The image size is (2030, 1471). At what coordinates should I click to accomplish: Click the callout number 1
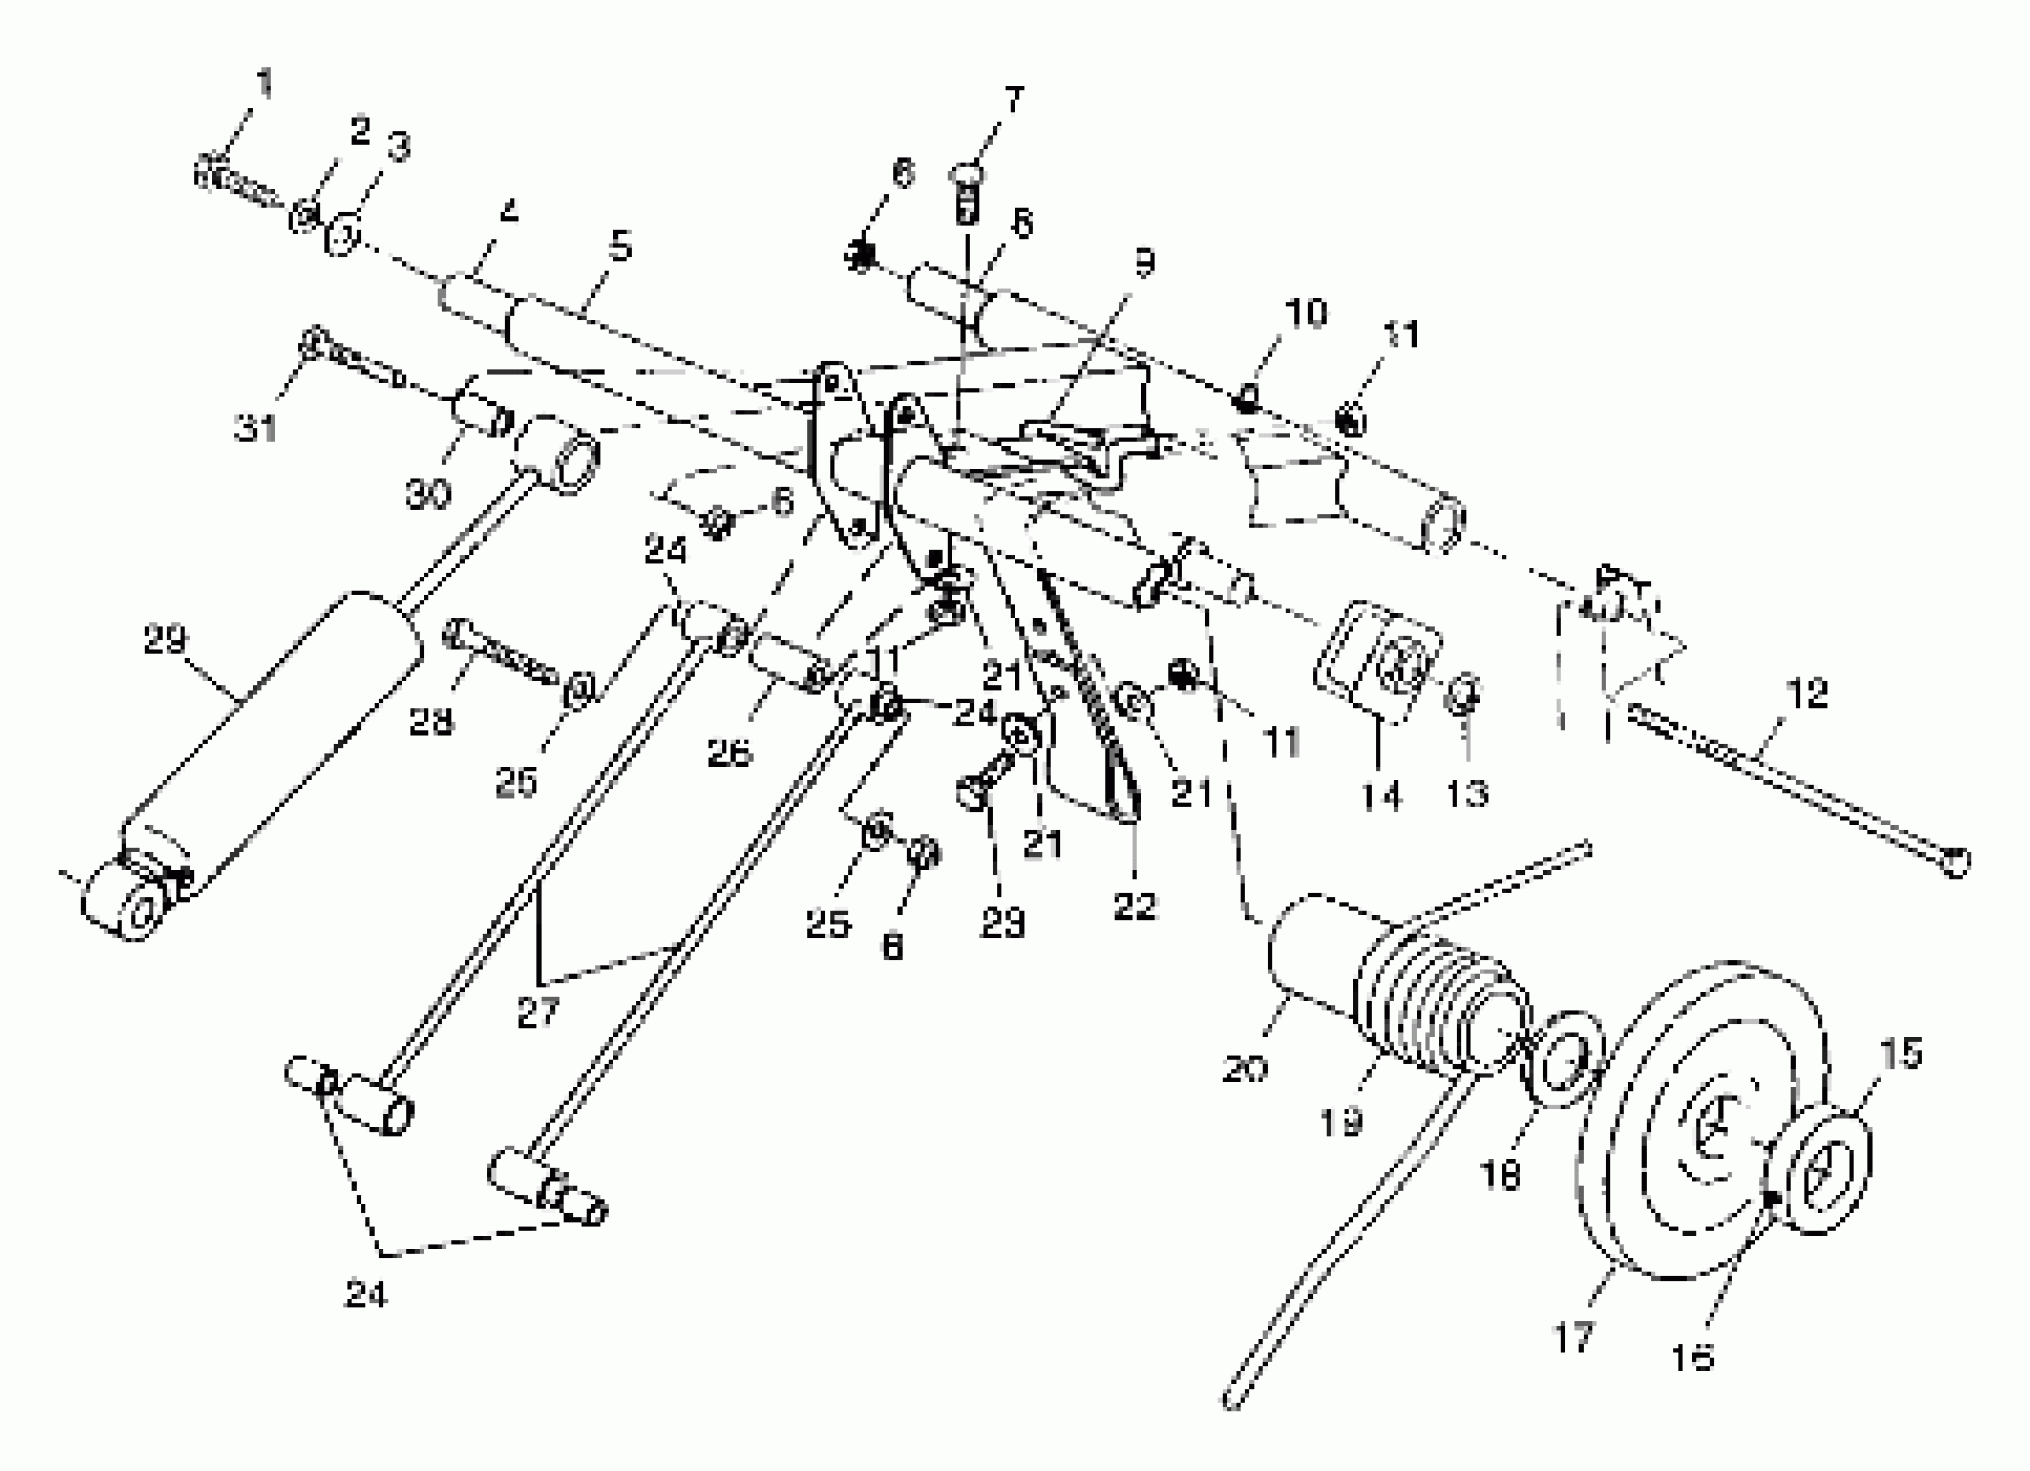[x=263, y=84]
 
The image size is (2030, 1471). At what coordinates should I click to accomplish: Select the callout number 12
[x=1805, y=693]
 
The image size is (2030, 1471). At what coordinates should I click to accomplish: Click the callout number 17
[x=1571, y=1338]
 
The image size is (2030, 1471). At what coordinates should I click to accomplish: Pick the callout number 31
[x=256, y=429]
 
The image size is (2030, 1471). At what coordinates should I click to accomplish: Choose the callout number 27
[x=537, y=1012]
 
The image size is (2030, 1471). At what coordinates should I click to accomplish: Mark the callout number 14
[x=1381, y=795]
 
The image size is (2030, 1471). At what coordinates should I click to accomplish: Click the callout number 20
[x=1244, y=1068]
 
